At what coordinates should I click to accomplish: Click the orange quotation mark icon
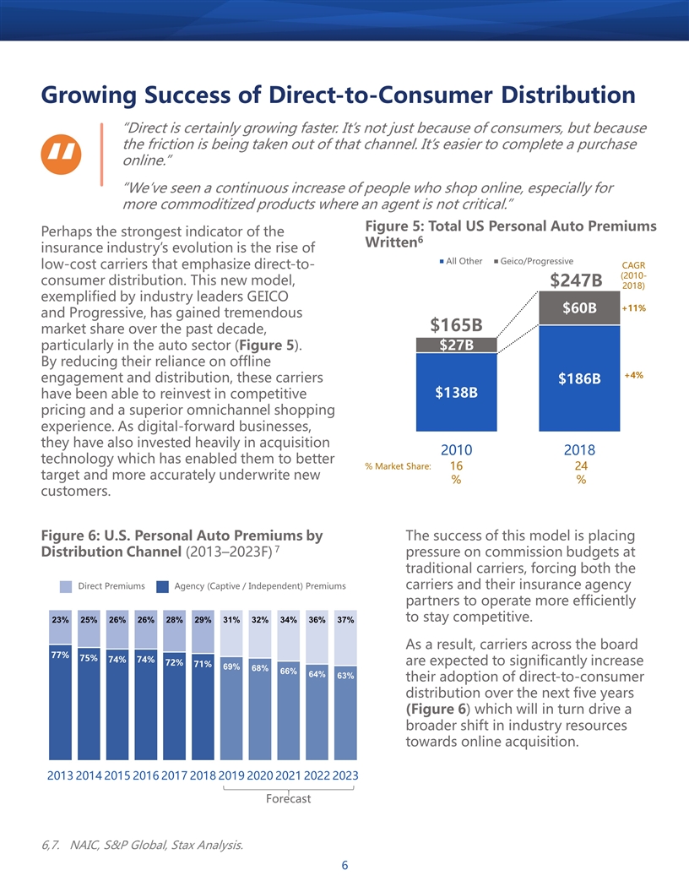pos(61,155)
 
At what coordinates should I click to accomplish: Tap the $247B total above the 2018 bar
pos(576,280)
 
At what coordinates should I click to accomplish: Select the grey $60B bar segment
pos(579,307)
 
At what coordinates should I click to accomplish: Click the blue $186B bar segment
pos(579,378)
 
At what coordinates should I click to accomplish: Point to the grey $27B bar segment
pos(457,345)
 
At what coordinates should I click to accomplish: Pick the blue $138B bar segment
pos(457,392)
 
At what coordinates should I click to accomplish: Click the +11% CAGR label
pos(633,308)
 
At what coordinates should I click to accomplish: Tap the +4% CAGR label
pos(634,375)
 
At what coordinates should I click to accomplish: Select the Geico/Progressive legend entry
pos(534,261)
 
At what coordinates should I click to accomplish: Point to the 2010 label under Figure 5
pos(457,450)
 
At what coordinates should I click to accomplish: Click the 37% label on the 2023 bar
pos(345,619)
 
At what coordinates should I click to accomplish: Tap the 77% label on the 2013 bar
pos(60,655)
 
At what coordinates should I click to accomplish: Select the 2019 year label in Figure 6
pos(231,775)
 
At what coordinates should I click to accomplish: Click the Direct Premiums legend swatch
pos(66,586)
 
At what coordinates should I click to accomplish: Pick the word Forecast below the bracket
pos(288,799)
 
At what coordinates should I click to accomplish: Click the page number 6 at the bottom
pos(344,865)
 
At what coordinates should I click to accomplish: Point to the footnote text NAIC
pos(85,845)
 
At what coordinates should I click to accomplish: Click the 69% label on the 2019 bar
pos(231,666)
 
